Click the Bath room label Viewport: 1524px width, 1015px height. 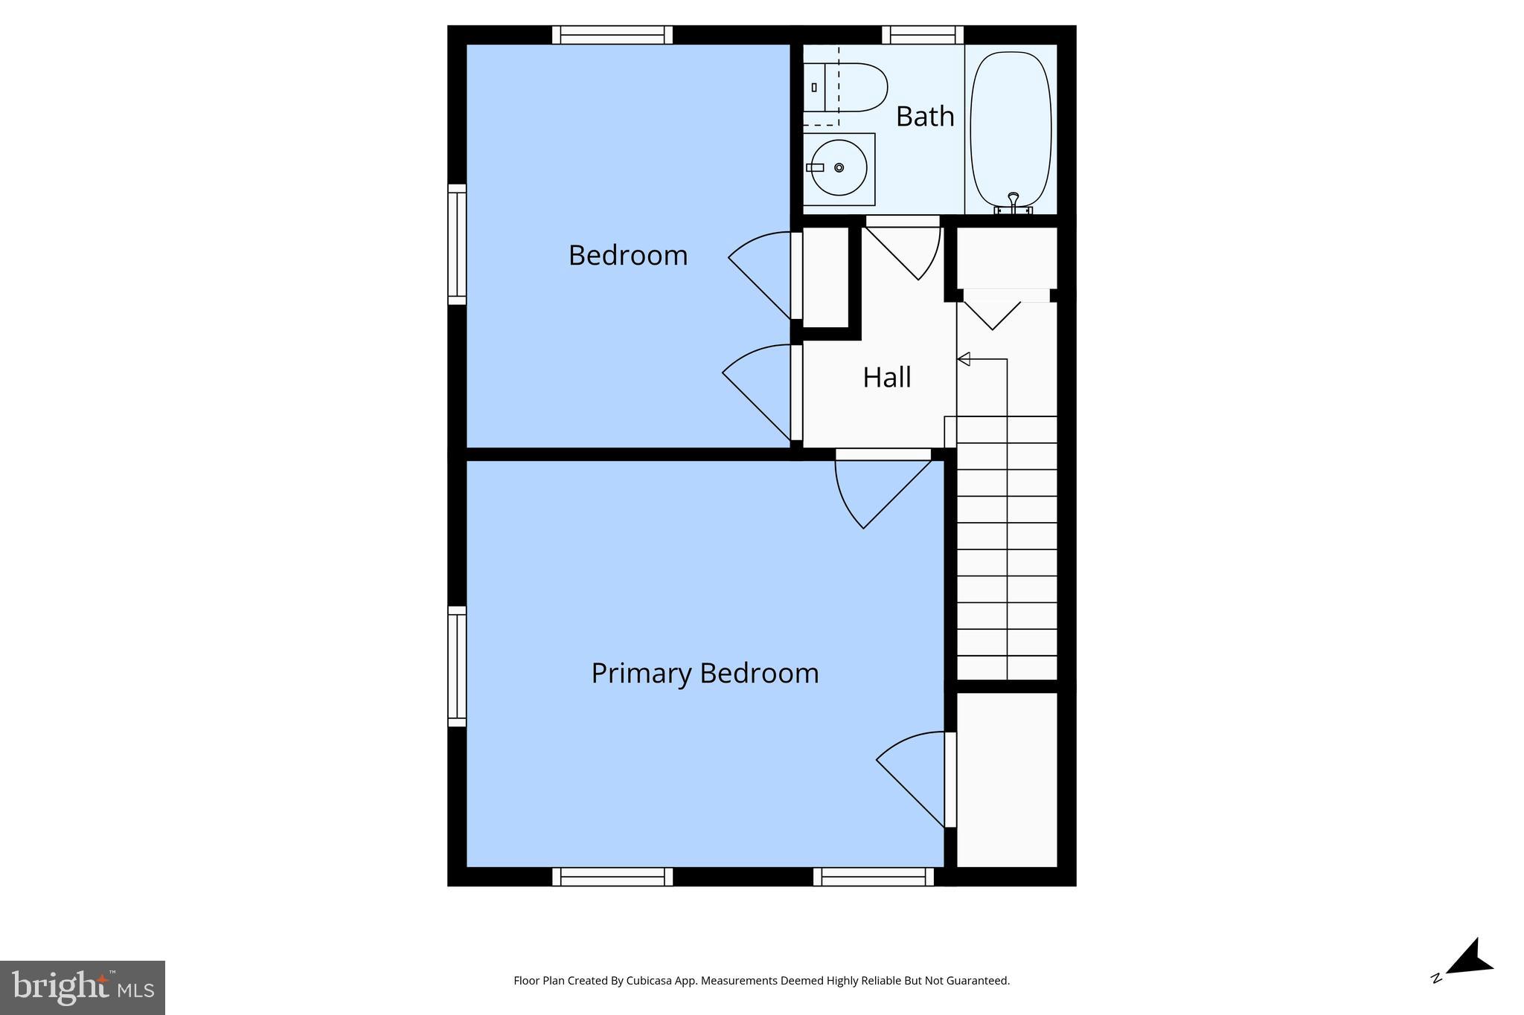click(924, 117)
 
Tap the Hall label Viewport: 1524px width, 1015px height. click(886, 378)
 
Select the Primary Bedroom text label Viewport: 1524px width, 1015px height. click(704, 673)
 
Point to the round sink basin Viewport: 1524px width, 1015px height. click(839, 168)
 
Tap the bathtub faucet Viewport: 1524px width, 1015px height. click(1013, 200)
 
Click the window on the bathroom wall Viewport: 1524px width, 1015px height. click(923, 35)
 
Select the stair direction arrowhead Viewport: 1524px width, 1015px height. click(964, 359)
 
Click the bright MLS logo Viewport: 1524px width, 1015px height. click(83, 987)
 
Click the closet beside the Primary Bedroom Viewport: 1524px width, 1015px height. click(1006, 779)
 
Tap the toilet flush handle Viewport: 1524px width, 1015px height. click(814, 88)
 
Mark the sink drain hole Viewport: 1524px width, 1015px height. click(839, 168)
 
